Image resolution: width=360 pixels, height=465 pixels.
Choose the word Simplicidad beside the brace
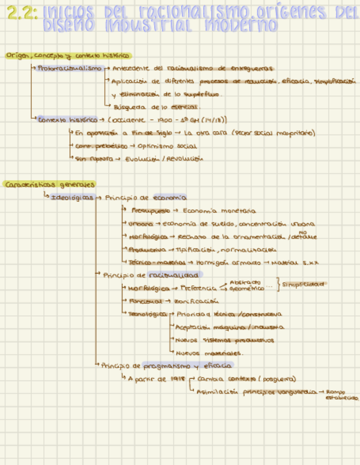(x=303, y=285)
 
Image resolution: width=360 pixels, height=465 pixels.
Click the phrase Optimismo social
(x=170, y=146)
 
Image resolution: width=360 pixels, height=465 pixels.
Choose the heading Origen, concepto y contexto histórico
(x=68, y=56)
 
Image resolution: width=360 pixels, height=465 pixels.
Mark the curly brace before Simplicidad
(x=280, y=285)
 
